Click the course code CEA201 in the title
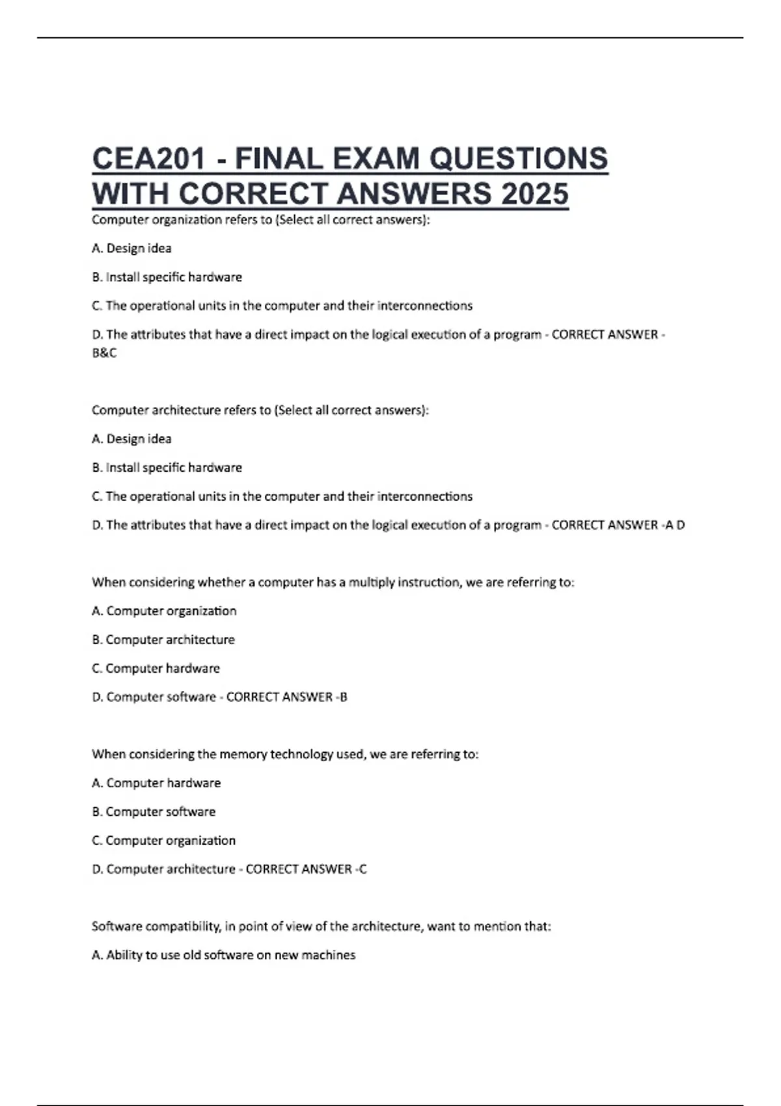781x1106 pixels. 149,159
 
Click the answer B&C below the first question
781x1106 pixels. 104,353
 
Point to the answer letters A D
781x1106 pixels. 674,525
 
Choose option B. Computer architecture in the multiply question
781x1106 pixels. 163,640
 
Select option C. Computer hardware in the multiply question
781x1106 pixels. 156,668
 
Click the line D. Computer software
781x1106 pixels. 154,697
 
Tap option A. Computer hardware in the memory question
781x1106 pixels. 156,783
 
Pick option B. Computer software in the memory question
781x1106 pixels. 154,811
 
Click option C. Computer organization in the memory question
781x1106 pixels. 163,840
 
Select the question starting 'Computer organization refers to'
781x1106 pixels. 261,220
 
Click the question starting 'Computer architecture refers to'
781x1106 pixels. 260,411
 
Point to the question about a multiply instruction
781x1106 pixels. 333,582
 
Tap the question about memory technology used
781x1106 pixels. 285,754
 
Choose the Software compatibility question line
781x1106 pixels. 321,926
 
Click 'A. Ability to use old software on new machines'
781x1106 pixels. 224,955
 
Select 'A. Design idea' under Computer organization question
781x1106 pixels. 132,249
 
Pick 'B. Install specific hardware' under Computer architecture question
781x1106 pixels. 167,468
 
